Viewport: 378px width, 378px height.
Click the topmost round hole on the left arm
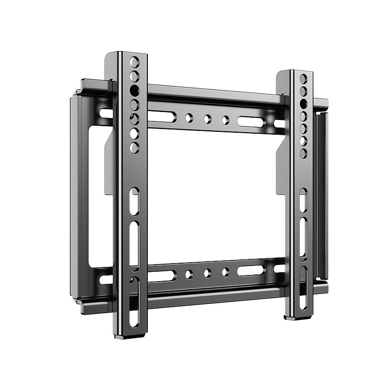135,61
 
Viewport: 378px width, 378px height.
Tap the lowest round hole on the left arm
135,147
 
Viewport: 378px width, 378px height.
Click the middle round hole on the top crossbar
207,119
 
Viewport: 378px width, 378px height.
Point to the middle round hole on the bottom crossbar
207,273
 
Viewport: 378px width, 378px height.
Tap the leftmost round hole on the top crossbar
189,117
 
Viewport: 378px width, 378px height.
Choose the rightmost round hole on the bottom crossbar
226,272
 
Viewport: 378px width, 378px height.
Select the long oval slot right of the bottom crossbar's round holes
251,271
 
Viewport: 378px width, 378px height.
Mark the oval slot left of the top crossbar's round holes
162,116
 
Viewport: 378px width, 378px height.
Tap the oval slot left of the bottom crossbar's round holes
162,275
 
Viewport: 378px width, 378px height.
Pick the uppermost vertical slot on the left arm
135,201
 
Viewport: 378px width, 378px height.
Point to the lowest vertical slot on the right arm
303,288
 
